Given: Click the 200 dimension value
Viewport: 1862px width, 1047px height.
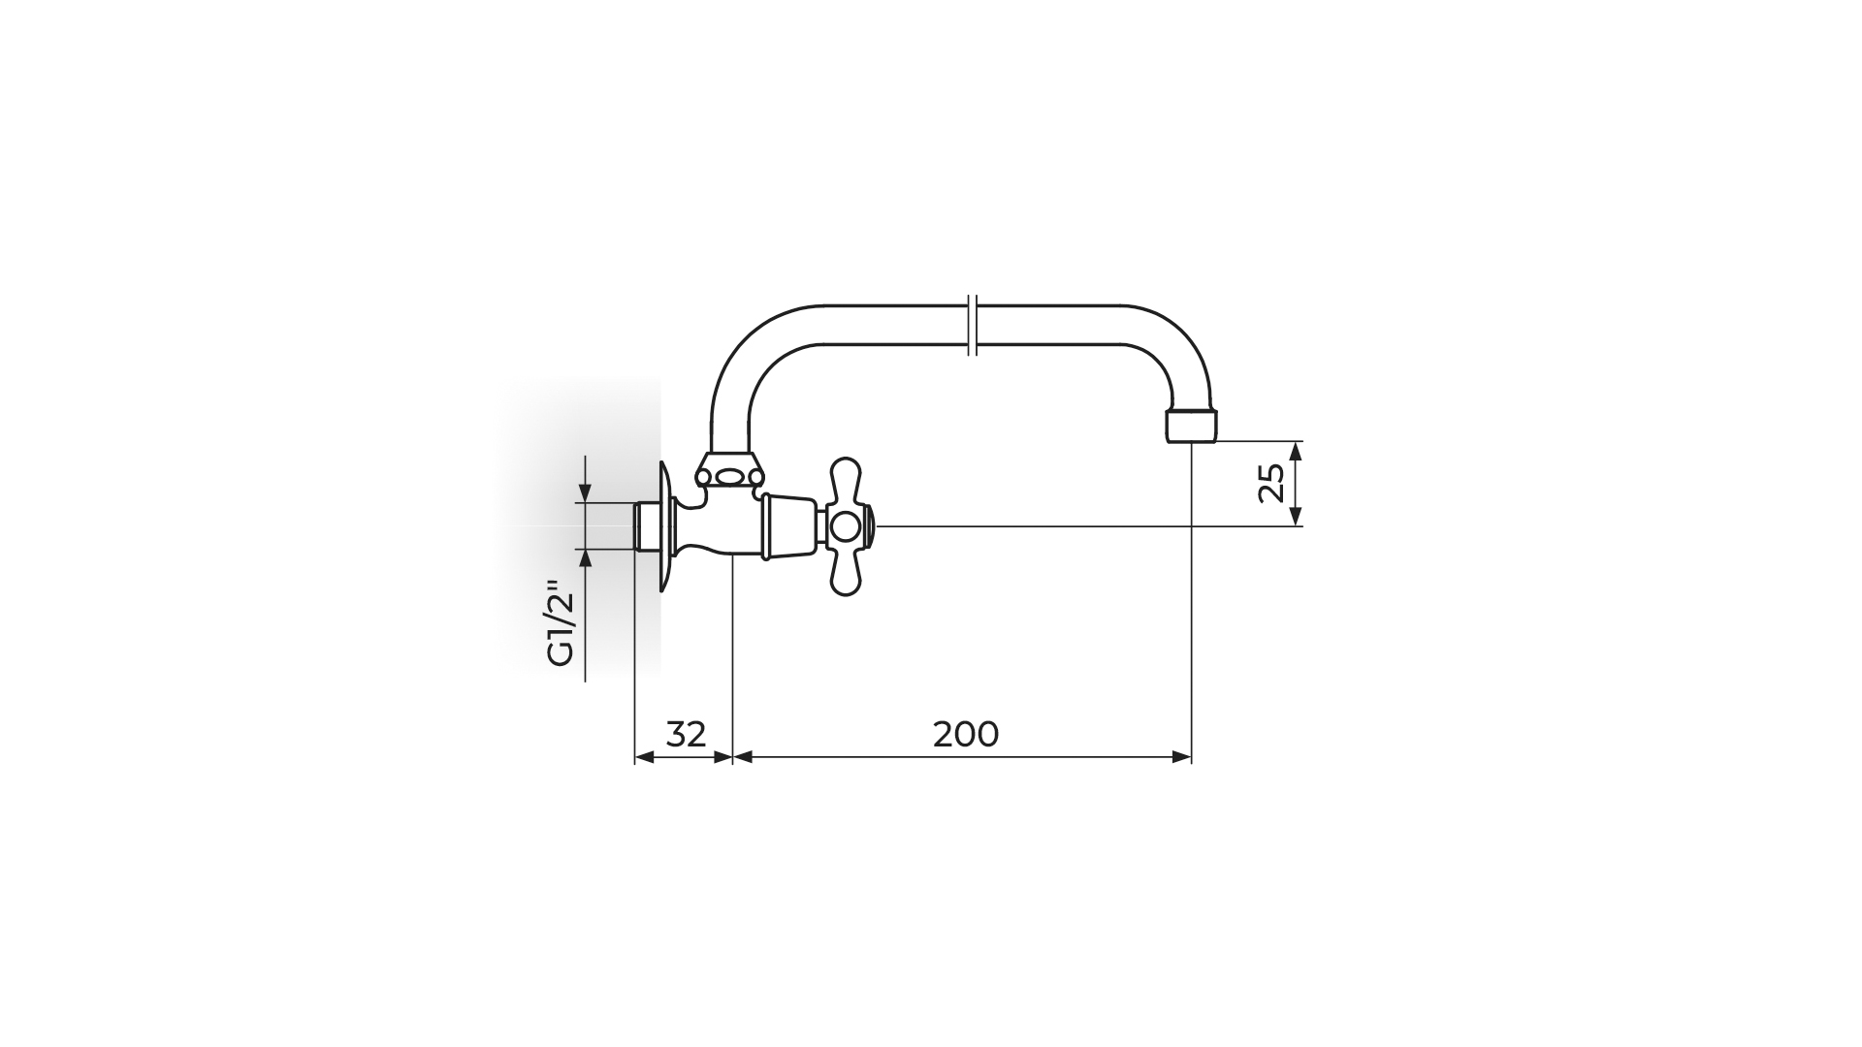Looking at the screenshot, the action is point(966,734).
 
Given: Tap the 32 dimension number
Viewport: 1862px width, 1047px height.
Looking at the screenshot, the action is point(687,734).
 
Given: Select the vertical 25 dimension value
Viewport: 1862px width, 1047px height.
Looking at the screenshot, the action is point(1271,483).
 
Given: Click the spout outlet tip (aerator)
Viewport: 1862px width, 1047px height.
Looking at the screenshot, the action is point(1191,426).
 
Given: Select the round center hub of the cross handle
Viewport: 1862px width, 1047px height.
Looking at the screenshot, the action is point(847,526).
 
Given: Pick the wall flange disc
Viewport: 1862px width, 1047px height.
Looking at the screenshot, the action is point(665,526).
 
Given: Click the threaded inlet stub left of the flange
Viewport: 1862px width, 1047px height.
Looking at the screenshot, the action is point(647,526).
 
